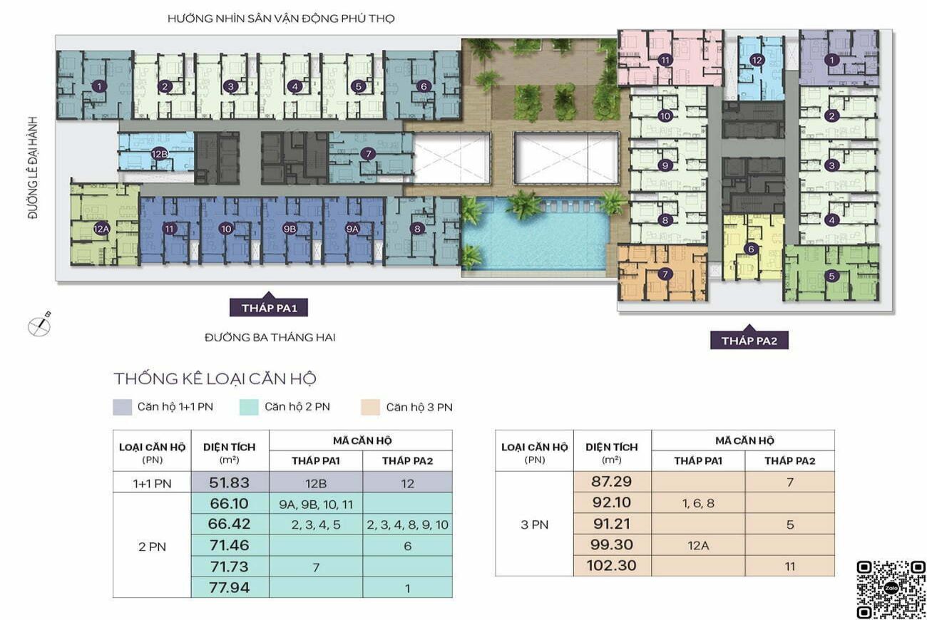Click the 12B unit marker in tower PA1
pyautogui.click(x=159, y=154)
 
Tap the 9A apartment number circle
pyautogui.click(x=352, y=229)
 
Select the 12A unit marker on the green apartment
pyautogui.click(x=101, y=229)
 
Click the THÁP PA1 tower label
pyautogui.click(x=269, y=308)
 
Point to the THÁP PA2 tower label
pyautogui.click(x=749, y=341)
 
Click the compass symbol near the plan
pyautogui.click(x=40, y=325)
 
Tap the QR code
pyautogui.click(x=891, y=589)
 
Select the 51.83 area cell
pyautogui.click(x=230, y=482)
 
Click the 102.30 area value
pyautogui.click(x=612, y=565)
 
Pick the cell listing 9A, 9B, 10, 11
pyautogui.click(x=316, y=504)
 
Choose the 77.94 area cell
pyautogui.click(x=230, y=587)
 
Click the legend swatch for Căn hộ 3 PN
pyautogui.click(x=370, y=407)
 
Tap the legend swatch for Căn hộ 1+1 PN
pyautogui.click(x=123, y=407)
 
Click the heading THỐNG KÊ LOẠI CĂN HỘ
pyautogui.click(x=215, y=379)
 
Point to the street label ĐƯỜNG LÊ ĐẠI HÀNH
pyautogui.click(x=33, y=167)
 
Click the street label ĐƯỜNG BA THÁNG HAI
pyautogui.click(x=270, y=338)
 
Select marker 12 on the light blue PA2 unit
pyautogui.click(x=757, y=61)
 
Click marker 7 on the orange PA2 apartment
pyautogui.click(x=665, y=274)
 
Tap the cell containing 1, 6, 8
pyautogui.click(x=698, y=503)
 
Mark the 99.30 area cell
pyautogui.click(x=612, y=544)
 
